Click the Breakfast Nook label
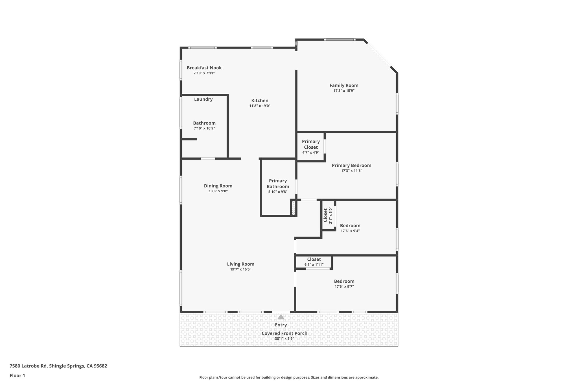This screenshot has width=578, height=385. click(204, 68)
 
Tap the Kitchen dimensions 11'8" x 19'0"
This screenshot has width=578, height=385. click(260, 106)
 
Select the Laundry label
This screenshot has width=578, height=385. click(203, 99)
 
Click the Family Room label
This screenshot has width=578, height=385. click(344, 85)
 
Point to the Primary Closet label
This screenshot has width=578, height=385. click(311, 144)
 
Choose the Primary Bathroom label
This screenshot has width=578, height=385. click(278, 184)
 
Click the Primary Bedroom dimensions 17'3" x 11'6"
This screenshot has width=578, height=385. click(351, 171)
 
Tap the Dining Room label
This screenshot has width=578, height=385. click(218, 186)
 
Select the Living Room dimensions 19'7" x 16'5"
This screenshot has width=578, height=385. click(240, 269)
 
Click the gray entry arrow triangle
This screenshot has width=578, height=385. click(281, 317)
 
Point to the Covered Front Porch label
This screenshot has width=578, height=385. click(284, 333)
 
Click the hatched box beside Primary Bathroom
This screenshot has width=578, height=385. click(294, 208)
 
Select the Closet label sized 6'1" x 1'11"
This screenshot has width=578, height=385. click(314, 259)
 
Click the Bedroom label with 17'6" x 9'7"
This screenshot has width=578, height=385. click(344, 281)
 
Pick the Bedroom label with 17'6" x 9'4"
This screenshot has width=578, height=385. click(350, 226)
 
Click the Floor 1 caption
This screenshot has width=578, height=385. click(17, 375)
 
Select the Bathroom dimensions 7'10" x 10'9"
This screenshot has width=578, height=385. click(204, 128)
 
